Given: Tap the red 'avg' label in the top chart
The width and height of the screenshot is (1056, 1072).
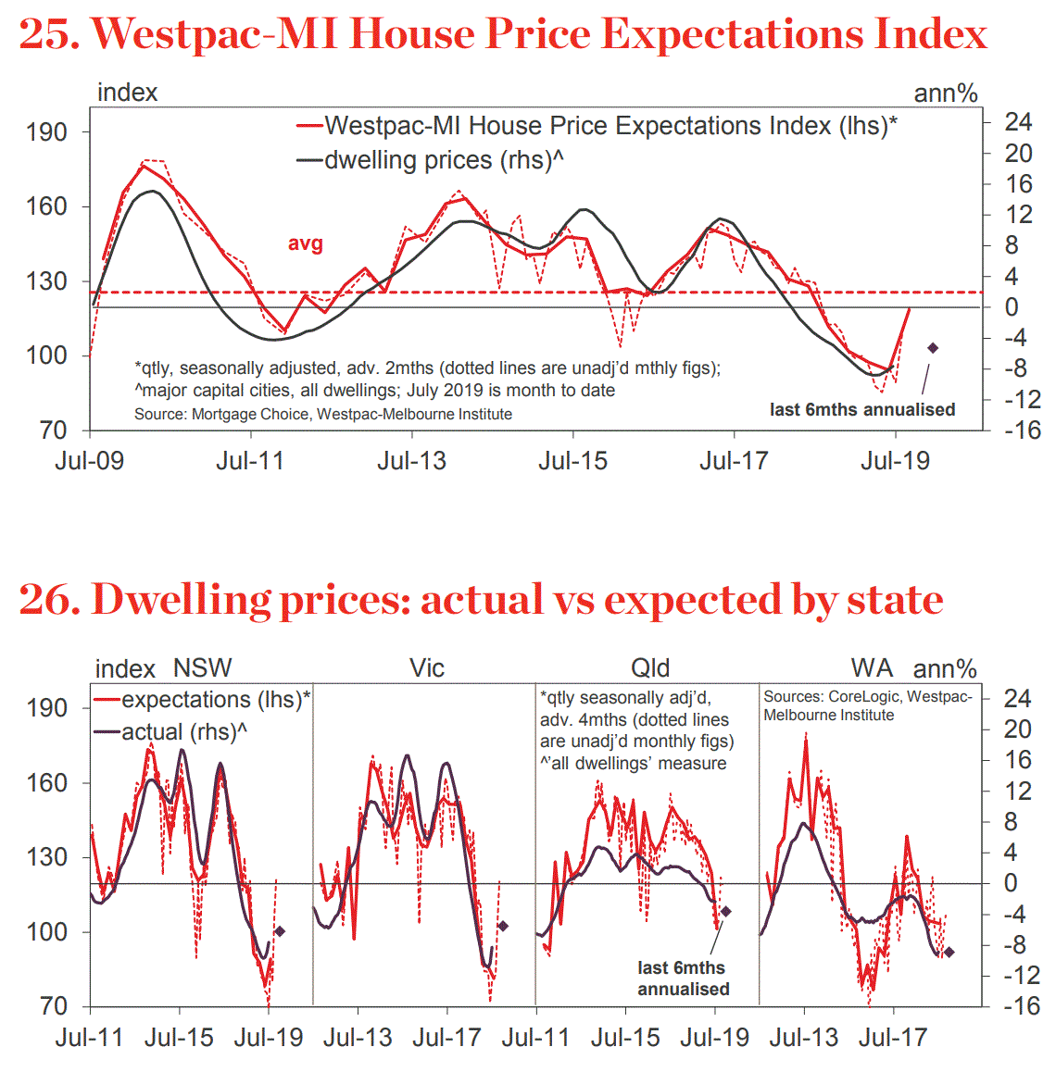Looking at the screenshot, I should [306, 243].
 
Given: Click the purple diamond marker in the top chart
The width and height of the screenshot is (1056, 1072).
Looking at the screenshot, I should [933, 348].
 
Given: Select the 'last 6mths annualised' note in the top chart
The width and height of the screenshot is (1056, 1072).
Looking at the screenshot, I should [861, 409].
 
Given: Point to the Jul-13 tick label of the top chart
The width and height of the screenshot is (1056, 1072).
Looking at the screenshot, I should [411, 460].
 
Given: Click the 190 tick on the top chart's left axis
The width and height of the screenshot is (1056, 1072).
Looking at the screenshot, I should [46, 132].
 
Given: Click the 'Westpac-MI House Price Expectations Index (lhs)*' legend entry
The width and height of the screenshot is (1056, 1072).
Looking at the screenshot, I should [610, 126].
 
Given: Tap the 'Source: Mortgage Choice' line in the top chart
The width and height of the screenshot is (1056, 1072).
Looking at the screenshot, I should [322, 414].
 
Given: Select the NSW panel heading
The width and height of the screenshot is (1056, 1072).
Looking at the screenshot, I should [202, 667].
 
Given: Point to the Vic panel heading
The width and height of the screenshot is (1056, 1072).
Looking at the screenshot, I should [427, 667].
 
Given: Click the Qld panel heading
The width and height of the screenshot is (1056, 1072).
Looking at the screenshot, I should [649, 667].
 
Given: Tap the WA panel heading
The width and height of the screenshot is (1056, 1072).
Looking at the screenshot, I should [872, 667].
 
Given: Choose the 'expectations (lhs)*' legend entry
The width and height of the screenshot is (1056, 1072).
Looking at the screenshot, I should [215, 700].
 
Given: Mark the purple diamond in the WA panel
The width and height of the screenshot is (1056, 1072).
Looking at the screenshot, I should [949, 952].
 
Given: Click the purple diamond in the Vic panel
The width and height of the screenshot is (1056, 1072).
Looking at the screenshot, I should [503, 926].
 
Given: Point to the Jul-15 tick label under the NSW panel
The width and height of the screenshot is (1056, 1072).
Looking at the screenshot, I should [179, 1038].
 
